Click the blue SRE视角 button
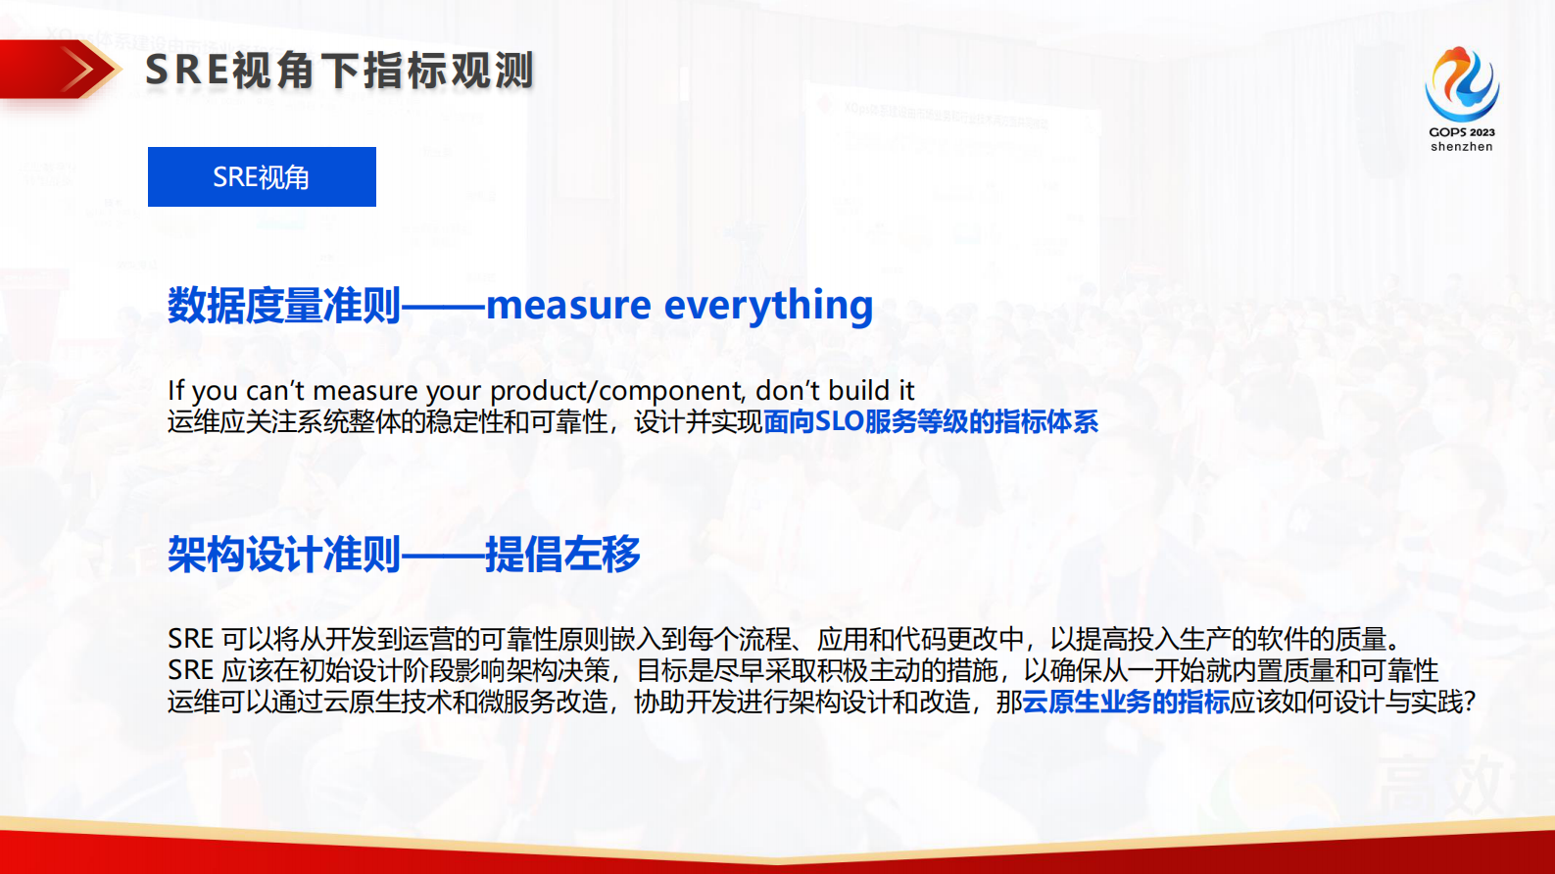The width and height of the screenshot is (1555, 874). click(262, 177)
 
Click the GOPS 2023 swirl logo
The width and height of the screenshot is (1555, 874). click(1461, 84)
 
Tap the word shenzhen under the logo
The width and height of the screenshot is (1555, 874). click(1461, 147)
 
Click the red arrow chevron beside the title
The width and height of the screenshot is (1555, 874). click(82, 70)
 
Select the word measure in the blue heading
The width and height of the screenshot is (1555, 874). click(568, 306)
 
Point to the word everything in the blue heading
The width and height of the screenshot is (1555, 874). click(768, 306)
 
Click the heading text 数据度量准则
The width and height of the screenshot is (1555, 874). click(284, 306)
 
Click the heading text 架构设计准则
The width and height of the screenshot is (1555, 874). click(284, 555)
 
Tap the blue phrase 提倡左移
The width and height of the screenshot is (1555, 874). click(562, 555)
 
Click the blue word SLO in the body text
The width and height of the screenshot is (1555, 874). click(839, 422)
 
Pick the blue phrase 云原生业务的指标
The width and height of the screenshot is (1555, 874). click(1125, 703)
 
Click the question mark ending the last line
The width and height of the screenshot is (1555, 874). click(1469, 703)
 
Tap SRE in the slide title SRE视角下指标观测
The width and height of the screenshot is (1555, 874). click(187, 71)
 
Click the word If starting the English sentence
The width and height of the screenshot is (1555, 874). click(175, 390)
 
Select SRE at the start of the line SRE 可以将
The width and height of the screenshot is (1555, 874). click(190, 640)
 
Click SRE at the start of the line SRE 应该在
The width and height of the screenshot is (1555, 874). click(190, 671)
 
